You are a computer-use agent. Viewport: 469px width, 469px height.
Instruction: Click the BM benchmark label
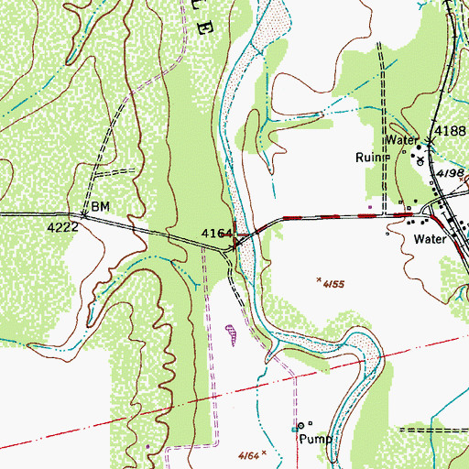point(99,207)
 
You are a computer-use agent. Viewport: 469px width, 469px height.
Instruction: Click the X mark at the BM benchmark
point(83,215)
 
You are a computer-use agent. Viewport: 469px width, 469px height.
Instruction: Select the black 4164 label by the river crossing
point(215,234)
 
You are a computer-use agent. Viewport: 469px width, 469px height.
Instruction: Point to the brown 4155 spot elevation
point(333,285)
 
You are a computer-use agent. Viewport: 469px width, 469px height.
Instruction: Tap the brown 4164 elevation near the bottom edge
point(245,453)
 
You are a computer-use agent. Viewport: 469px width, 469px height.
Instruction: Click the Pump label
point(314,439)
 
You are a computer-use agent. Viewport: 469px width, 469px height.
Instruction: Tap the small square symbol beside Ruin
point(388,157)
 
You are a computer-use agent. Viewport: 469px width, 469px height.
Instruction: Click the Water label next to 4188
point(400,140)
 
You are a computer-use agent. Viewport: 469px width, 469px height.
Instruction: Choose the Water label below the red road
point(429,238)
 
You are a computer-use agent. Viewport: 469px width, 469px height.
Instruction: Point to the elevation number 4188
point(451,131)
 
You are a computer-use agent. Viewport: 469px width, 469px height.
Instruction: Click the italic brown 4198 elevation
point(449,172)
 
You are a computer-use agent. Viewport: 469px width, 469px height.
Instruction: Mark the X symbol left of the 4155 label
point(318,280)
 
